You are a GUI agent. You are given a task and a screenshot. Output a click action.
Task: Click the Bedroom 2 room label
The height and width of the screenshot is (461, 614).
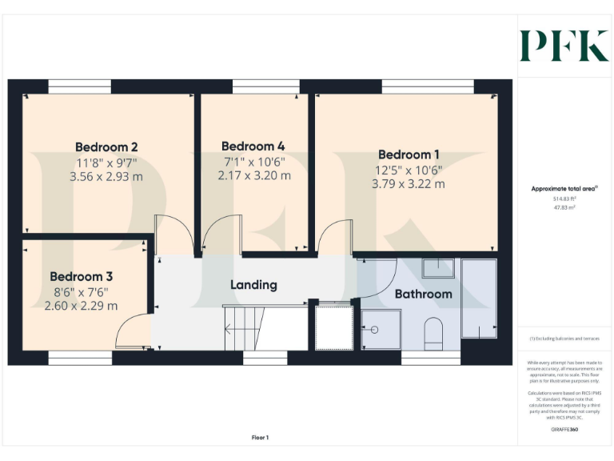point(106,147)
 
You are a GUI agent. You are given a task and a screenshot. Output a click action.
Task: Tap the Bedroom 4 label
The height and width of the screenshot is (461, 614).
point(253,146)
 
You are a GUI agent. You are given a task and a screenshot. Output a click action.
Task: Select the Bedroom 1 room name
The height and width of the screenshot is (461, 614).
point(409,154)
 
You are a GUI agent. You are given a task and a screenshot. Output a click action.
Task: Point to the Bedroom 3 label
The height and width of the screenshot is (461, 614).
point(81,276)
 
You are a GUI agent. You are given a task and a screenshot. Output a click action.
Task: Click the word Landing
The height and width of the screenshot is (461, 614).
point(253,285)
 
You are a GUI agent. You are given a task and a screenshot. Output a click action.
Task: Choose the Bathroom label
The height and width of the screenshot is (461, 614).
point(424,294)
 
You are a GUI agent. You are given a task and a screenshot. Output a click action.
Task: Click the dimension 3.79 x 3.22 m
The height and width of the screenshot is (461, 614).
point(409,184)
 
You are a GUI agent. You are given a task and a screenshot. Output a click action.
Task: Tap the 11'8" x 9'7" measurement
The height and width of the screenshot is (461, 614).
point(106,162)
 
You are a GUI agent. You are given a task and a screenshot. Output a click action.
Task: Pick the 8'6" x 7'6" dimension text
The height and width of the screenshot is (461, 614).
point(81,291)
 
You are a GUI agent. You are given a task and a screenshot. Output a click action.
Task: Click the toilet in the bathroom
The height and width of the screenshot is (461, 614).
point(434,332)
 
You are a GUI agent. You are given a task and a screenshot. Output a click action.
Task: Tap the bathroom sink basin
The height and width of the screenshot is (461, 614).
point(438,268)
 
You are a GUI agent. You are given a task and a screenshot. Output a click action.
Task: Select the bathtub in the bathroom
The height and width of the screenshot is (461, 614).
point(479,298)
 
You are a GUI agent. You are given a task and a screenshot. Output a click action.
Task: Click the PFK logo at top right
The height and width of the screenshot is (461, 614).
point(564,46)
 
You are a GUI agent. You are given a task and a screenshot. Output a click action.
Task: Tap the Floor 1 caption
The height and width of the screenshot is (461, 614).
point(260,438)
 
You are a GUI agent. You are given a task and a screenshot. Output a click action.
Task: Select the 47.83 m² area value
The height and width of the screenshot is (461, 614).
point(564,206)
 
